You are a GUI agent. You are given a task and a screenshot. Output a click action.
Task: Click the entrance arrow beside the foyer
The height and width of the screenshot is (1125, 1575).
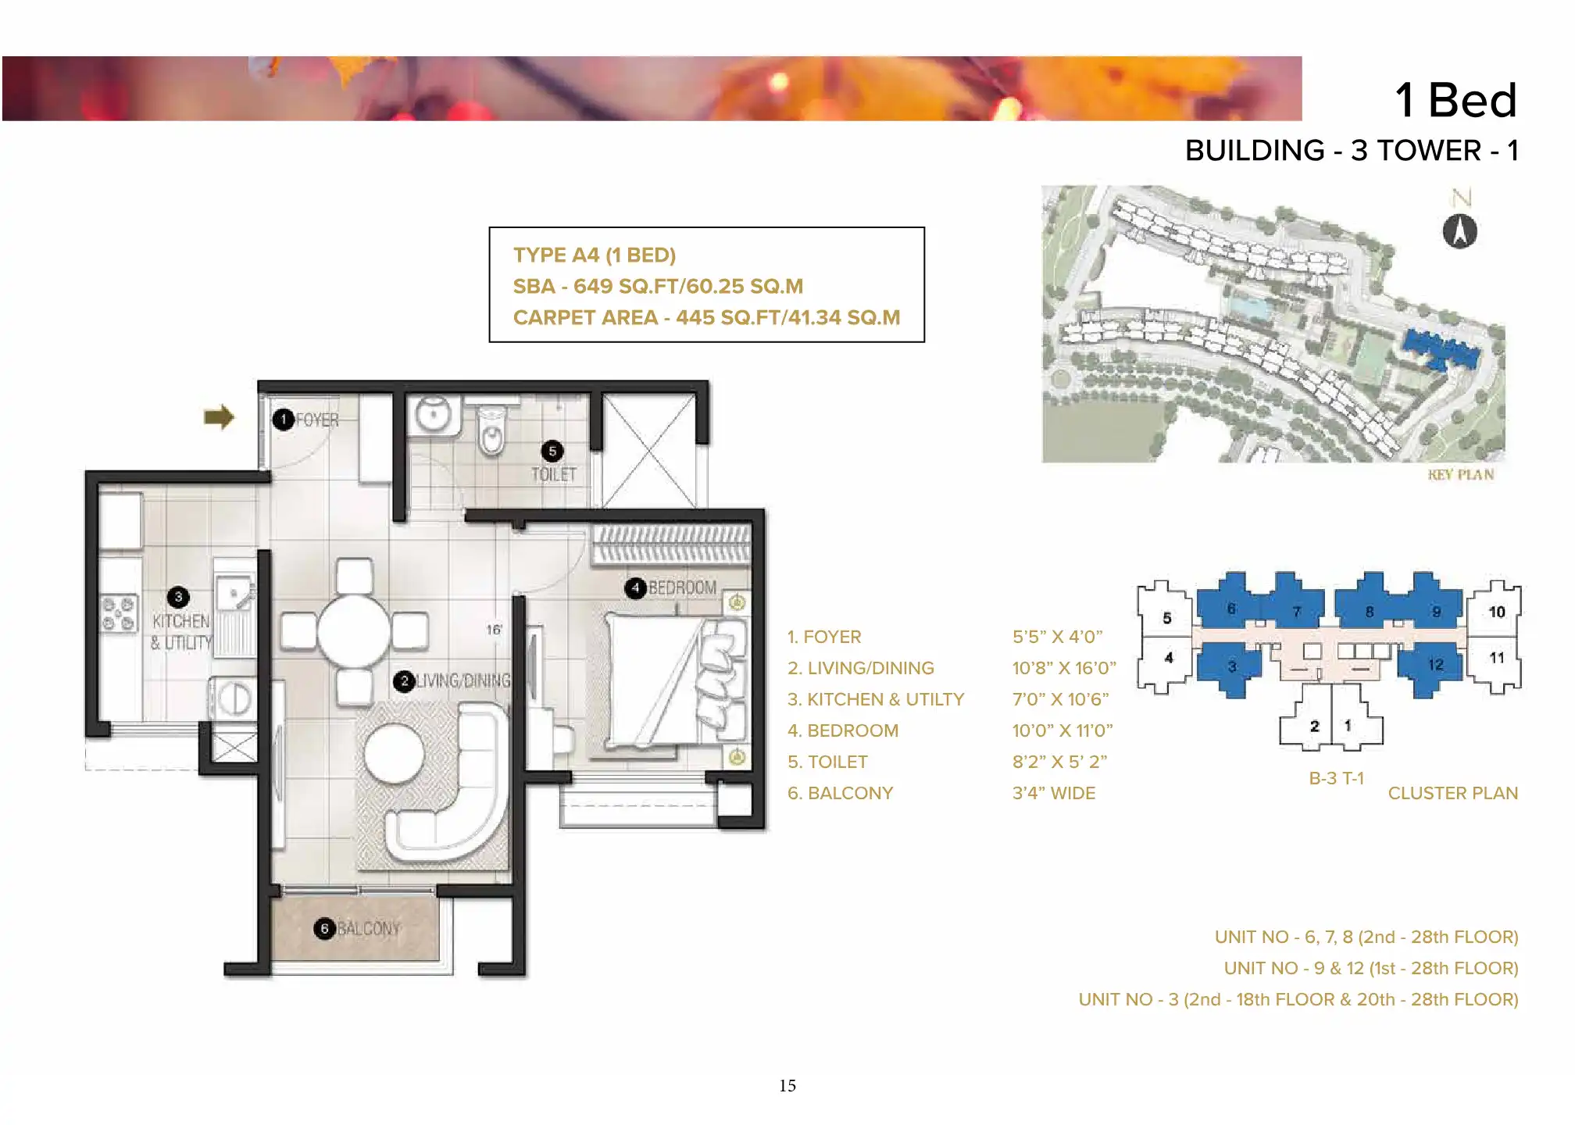[219, 417]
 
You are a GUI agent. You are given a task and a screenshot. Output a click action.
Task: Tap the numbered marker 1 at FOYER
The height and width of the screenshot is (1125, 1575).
[283, 420]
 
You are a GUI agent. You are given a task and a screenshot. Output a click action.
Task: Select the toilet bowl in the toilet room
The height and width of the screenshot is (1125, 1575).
[491, 430]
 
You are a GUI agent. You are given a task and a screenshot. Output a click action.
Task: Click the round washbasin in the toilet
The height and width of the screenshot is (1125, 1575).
[432, 413]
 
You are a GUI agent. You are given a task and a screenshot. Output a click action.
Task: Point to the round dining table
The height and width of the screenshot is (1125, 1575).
[354, 630]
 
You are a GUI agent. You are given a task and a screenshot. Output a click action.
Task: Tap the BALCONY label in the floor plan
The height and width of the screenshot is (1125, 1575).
[369, 928]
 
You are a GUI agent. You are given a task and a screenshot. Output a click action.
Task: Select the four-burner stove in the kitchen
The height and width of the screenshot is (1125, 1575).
[119, 612]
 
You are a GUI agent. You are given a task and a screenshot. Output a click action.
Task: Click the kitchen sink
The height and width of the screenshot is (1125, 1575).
[235, 594]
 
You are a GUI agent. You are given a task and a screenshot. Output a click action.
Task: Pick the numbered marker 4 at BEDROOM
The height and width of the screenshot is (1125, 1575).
[635, 588]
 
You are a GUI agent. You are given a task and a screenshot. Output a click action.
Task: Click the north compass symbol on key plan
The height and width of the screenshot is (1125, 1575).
[1459, 231]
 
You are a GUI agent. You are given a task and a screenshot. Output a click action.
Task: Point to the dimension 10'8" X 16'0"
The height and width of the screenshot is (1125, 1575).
[1064, 668]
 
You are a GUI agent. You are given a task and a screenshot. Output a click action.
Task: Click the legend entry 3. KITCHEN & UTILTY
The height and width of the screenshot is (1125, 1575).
[876, 699]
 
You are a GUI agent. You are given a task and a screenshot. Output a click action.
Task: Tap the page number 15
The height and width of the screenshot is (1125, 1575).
[787, 1085]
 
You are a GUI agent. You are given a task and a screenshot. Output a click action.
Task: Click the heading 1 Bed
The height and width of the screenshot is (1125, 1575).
[1456, 100]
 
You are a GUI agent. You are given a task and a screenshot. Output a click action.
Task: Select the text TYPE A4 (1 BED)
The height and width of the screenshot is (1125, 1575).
[595, 255]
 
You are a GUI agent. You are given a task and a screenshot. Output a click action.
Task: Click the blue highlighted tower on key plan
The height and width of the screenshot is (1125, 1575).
[1441, 350]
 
